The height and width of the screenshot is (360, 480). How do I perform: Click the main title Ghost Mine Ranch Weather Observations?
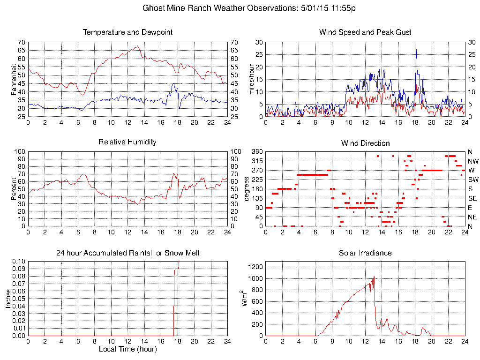click(249, 8)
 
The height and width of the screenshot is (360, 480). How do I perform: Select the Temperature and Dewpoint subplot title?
click(127, 32)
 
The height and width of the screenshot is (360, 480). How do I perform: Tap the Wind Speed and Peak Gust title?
click(365, 32)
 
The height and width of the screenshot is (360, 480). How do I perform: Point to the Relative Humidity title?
click(127, 142)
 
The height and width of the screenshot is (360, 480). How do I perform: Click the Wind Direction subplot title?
click(365, 143)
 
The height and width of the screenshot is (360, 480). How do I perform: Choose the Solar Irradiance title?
click(365, 253)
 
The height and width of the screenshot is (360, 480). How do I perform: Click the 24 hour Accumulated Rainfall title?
click(127, 253)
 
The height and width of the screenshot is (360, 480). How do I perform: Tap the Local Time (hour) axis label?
click(127, 349)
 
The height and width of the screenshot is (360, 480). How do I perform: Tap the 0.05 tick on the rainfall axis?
click(18, 299)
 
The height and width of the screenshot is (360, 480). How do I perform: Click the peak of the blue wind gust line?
click(416, 49)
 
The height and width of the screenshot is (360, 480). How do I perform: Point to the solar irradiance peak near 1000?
click(374, 277)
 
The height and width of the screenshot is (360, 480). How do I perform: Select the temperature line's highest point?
click(137, 46)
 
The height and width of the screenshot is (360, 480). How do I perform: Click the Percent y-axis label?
click(14, 189)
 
